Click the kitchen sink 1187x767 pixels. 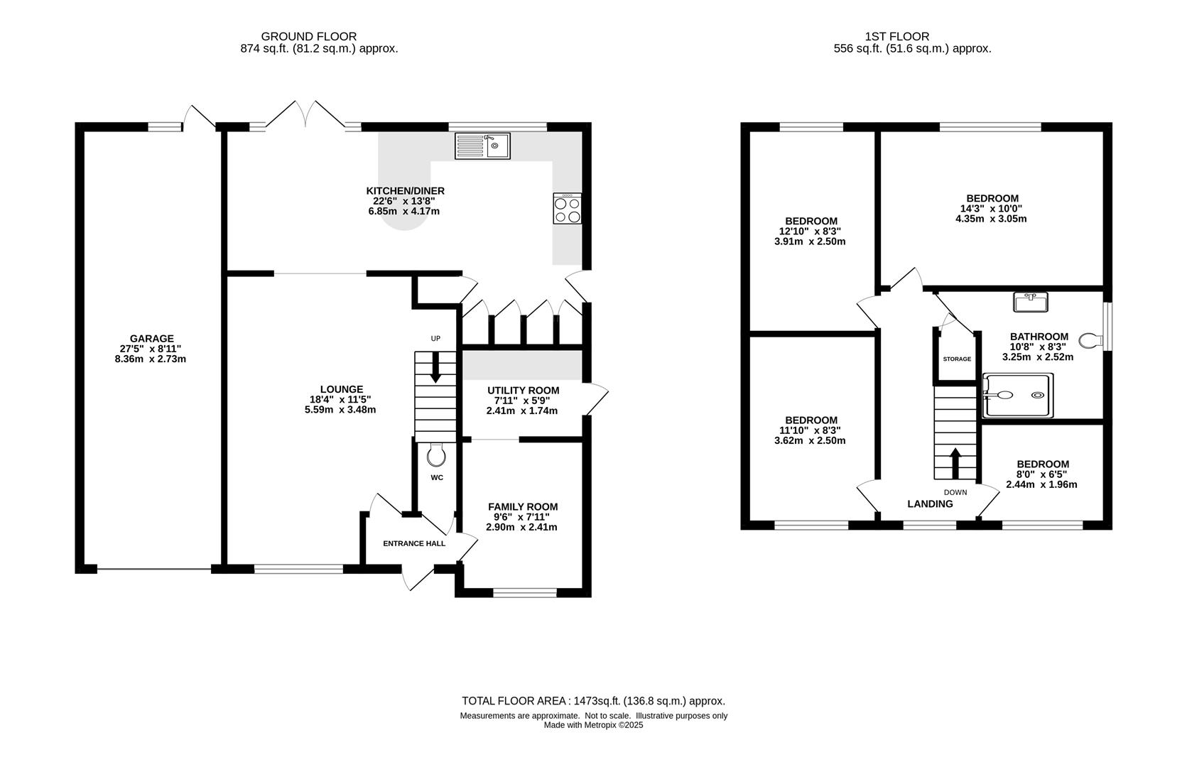click(482, 146)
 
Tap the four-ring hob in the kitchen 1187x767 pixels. click(567, 208)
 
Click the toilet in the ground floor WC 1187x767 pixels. click(436, 455)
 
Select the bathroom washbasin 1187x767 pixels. click(1031, 302)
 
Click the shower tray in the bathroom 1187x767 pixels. click(1017, 395)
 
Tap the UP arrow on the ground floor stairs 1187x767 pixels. click(435, 367)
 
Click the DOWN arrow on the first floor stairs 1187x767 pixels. click(955, 464)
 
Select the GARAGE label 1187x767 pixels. click(151, 339)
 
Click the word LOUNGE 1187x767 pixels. click(342, 389)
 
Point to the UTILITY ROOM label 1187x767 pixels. click(523, 391)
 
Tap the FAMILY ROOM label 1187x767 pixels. click(523, 507)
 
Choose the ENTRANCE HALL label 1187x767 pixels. click(414, 543)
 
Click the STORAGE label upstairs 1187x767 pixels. click(957, 359)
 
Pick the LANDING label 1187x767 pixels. click(930, 504)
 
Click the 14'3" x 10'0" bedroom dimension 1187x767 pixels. click(991, 209)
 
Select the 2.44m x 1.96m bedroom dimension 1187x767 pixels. click(1041, 484)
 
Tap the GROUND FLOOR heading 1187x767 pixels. click(309, 36)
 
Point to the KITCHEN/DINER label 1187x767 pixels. click(406, 191)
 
